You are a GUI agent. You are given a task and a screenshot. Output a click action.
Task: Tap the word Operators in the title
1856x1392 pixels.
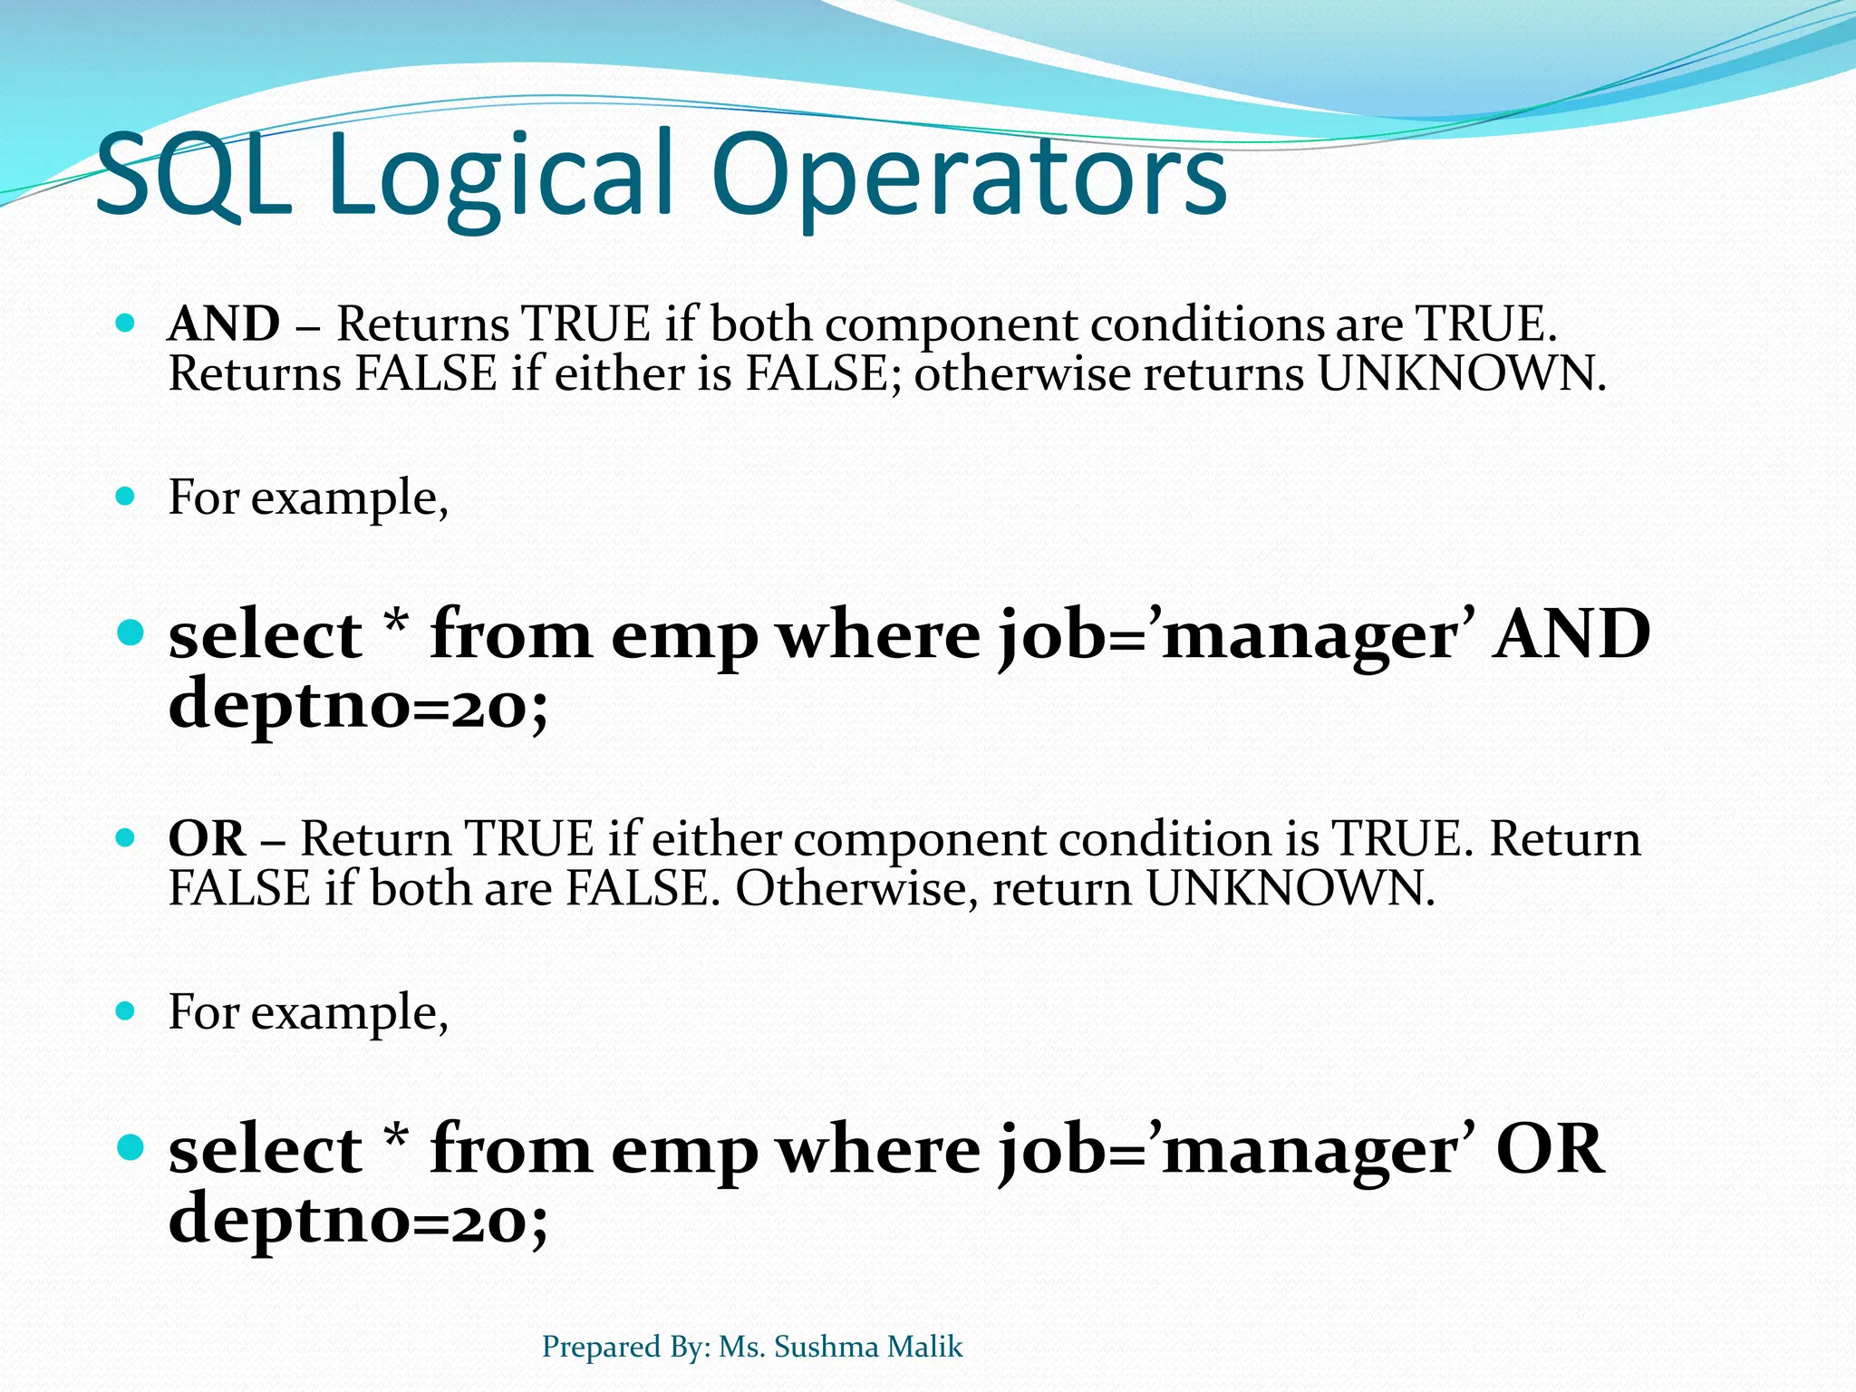pos(968,177)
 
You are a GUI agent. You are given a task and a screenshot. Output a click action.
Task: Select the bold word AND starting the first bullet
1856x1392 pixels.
pos(224,324)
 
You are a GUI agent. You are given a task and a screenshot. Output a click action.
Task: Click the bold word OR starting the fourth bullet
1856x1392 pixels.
pos(207,838)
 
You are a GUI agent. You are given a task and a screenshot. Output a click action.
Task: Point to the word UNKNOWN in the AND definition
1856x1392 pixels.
pos(1461,373)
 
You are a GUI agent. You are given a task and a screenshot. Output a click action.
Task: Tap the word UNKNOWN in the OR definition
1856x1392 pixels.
pos(1290,888)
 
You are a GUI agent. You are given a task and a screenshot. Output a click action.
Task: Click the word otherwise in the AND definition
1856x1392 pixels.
pos(1022,373)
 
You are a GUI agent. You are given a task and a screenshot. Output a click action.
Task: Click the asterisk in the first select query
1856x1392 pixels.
pos(396,625)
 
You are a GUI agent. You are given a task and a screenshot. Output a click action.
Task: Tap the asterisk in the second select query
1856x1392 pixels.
pos(396,1139)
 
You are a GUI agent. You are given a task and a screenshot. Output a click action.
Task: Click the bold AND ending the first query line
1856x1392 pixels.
pos(1572,634)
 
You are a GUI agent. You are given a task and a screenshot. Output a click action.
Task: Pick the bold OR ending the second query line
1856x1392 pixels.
pos(1550,1149)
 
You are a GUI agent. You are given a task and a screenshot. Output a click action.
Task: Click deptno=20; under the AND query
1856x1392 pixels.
pos(359,705)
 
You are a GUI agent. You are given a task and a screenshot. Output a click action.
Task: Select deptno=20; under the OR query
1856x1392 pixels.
pos(359,1220)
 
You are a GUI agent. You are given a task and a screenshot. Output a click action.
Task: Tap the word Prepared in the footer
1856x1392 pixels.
pos(601,1347)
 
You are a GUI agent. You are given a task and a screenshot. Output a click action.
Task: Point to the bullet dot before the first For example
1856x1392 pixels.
pos(126,497)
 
